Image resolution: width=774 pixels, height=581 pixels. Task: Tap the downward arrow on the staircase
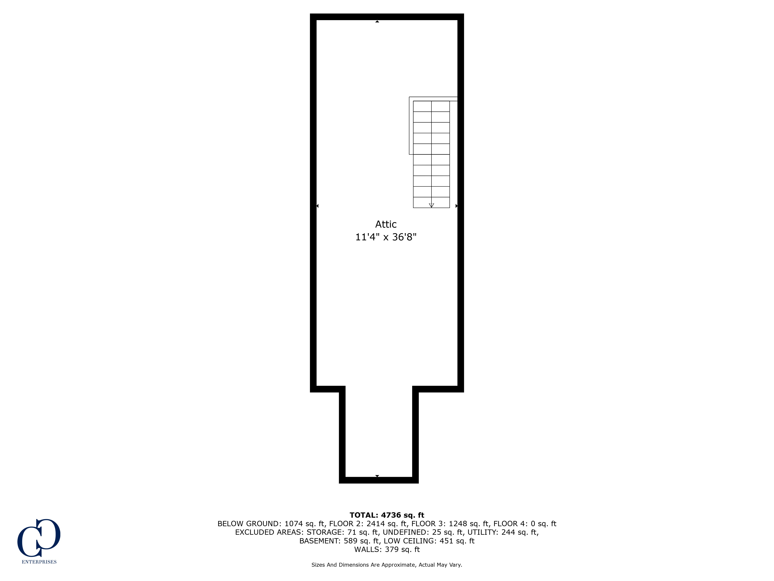click(x=432, y=205)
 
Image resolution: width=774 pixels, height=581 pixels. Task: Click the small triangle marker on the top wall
click(x=377, y=21)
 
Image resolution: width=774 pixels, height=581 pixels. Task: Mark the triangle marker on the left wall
click(x=317, y=206)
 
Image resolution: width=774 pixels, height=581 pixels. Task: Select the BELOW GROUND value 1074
click(x=293, y=523)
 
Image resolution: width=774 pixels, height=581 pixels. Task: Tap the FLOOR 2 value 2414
click(x=375, y=523)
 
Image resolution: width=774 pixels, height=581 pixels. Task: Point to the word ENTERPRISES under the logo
click(x=39, y=562)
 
